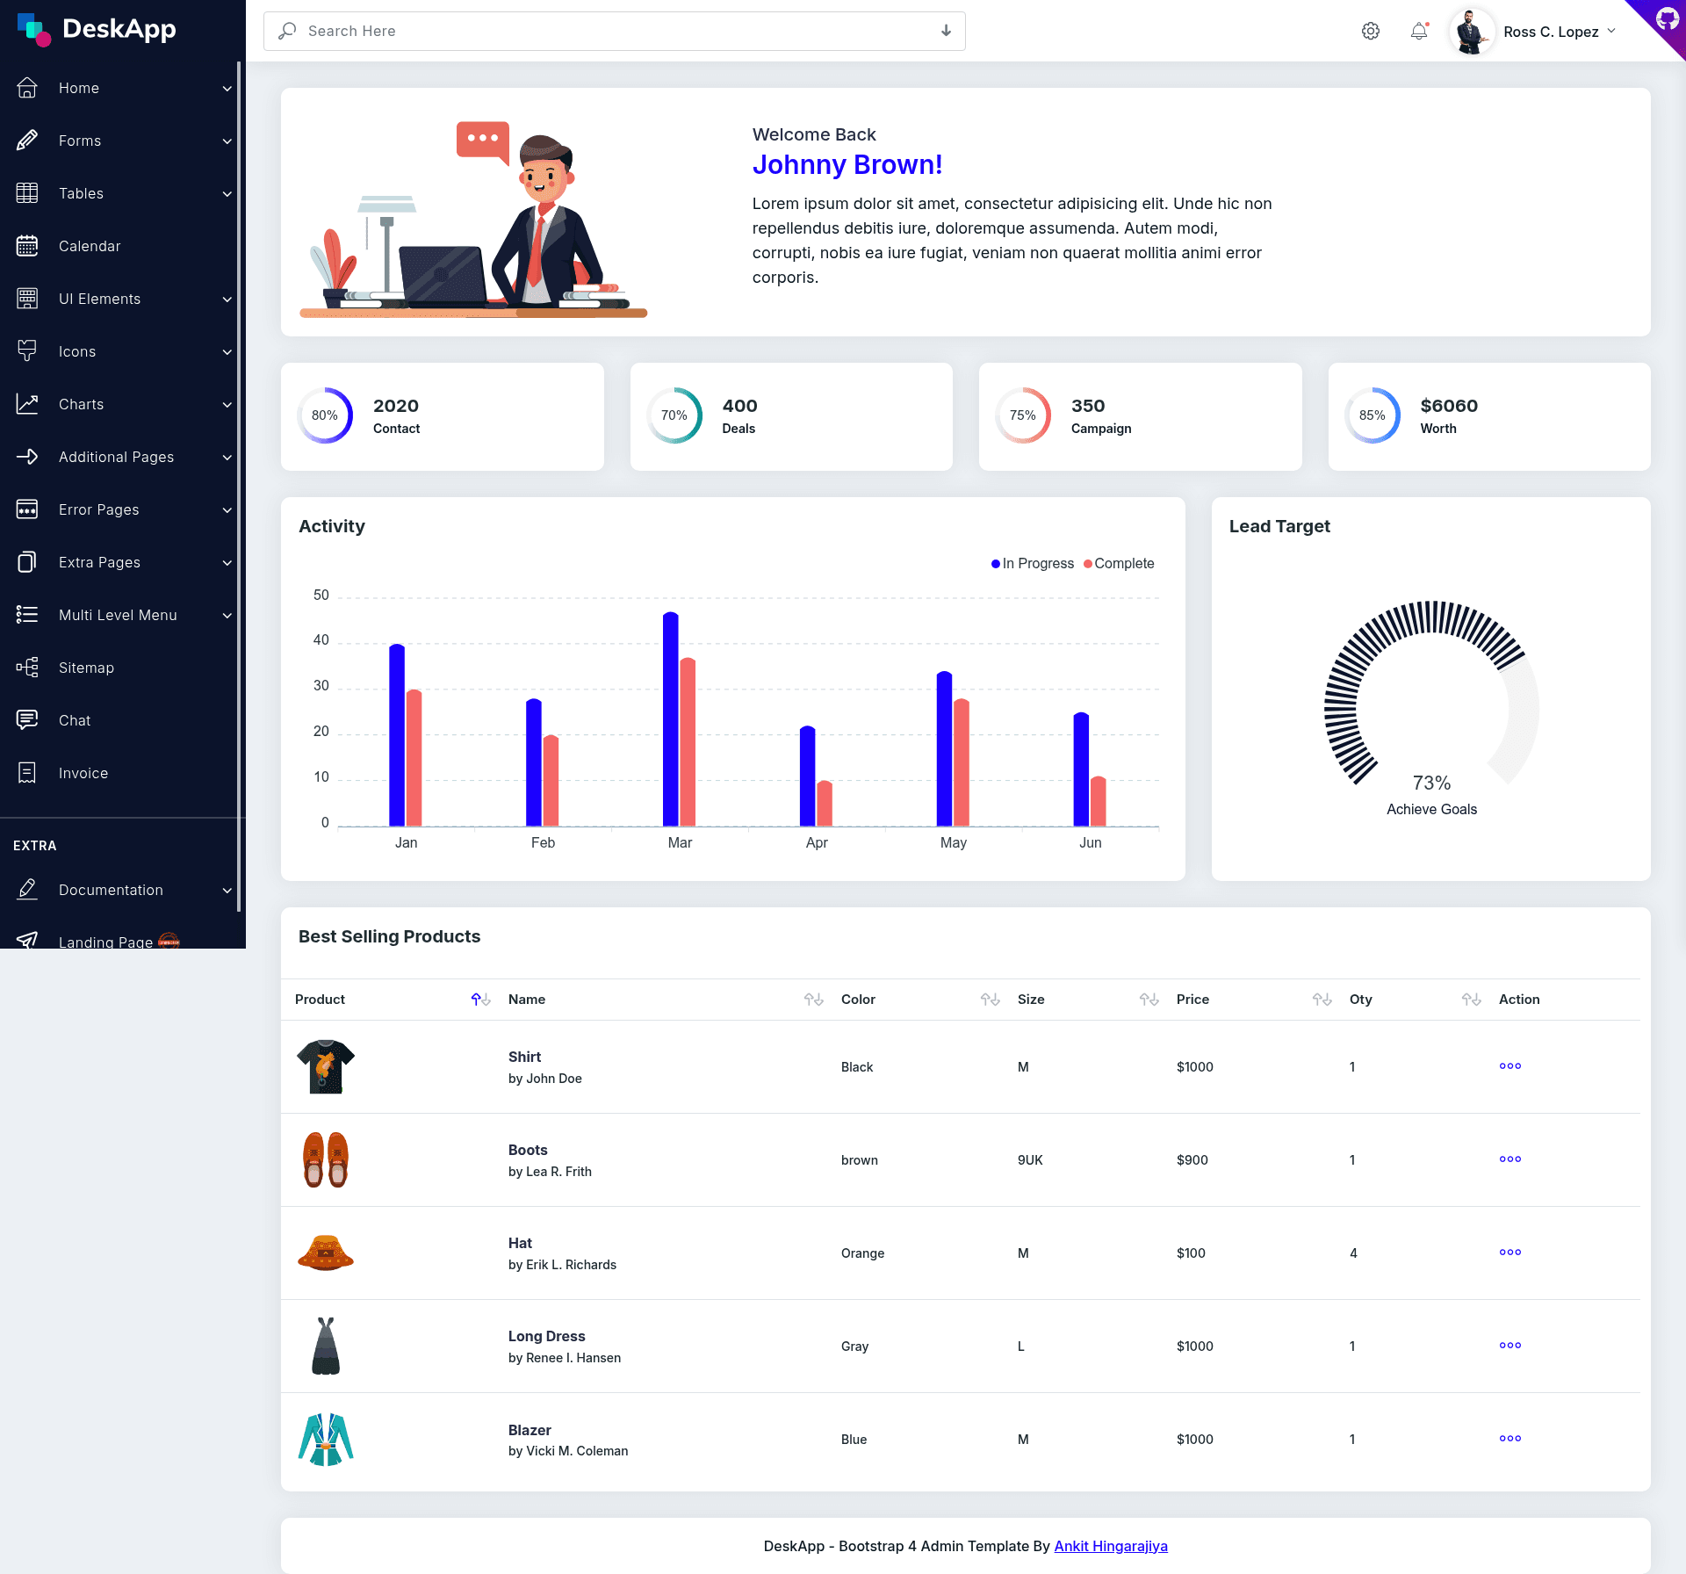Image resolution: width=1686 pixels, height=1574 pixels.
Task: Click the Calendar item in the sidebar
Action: [x=90, y=246]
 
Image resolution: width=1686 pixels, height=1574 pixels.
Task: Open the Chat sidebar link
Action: [x=75, y=720]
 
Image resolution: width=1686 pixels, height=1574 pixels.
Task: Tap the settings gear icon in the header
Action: [x=1371, y=32]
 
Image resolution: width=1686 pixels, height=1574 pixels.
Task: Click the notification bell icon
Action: [x=1419, y=32]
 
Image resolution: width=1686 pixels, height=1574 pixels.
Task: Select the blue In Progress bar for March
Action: [x=671, y=719]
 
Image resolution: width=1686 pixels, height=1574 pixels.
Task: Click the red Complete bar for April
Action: [x=825, y=804]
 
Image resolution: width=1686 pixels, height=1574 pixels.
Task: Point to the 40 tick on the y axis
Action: [x=321, y=640]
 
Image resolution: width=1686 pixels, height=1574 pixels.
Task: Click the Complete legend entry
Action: [x=1119, y=564]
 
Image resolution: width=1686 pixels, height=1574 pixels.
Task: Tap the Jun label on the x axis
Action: [x=1091, y=843]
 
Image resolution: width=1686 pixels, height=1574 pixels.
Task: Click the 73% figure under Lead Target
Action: [x=1431, y=783]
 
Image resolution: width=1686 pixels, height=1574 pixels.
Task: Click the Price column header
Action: [x=1192, y=1000]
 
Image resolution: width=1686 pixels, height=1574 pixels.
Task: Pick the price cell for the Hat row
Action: [x=1191, y=1253]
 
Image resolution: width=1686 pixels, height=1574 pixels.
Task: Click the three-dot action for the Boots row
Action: [x=1510, y=1159]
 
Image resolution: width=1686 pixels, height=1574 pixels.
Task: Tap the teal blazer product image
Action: [x=326, y=1440]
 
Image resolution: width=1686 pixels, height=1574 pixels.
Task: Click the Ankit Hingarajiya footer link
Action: [x=1111, y=1546]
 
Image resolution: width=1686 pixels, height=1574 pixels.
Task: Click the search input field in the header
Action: [x=615, y=31]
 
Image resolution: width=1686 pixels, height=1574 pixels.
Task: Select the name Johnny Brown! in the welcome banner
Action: [x=847, y=165]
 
